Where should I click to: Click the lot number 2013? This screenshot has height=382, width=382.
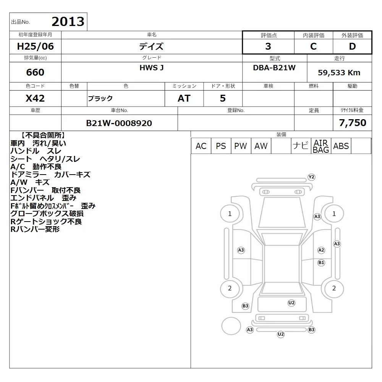click(68, 22)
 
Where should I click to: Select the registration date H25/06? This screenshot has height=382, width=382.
click(35, 46)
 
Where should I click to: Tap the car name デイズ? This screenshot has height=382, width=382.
click(151, 46)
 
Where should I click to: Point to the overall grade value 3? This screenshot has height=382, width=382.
click(268, 46)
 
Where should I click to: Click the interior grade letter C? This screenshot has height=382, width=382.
click(313, 46)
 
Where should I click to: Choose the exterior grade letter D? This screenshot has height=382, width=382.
click(352, 46)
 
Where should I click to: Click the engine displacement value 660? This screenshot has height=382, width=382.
click(35, 72)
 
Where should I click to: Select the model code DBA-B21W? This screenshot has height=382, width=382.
click(274, 68)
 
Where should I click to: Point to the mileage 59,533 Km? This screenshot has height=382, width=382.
click(339, 73)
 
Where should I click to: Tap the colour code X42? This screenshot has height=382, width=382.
click(35, 99)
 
